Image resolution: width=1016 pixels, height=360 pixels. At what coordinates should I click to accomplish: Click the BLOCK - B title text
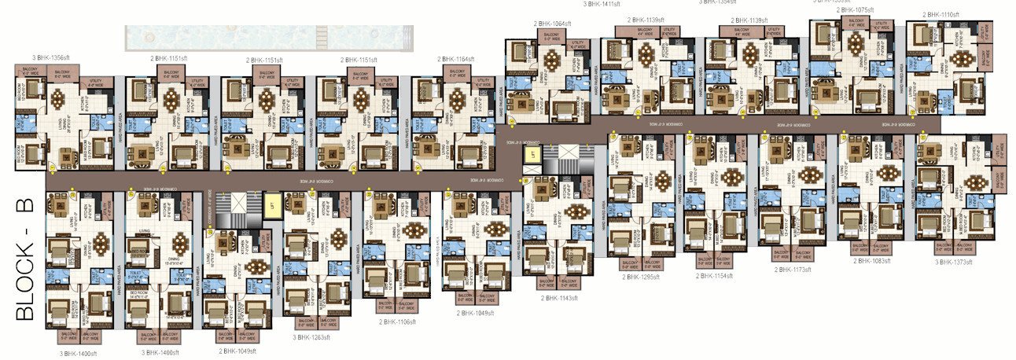pyautogui.click(x=25, y=259)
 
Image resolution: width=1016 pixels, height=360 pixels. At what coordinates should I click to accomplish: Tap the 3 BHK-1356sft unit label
pyautogui.click(x=50, y=57)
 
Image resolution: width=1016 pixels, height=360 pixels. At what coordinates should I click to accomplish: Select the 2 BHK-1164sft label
pyautogui.click(x=456, y=59)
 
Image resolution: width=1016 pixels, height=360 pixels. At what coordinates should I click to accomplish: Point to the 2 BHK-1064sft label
pyautogui.click(x=552, y=24)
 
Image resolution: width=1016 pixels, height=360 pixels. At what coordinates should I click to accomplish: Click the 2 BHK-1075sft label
pyautogui.click(x=855, y=10)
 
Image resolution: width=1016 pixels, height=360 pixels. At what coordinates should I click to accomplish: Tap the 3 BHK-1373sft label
pyautogui.click(x=952, y=263)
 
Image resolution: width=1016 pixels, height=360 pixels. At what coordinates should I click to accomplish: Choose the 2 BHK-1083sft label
pyautogui.click(x=873, y=261)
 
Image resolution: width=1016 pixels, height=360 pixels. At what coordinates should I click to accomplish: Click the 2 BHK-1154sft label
pyautogui.click(x=714, y=277)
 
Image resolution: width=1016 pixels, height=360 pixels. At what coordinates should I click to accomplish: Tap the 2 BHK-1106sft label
pyautogui.click(x=396, y=322)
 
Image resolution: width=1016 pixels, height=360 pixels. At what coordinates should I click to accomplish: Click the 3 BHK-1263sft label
pyautogui.click(x=313, y=337)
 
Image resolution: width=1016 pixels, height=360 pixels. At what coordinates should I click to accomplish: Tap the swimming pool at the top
pyautogui.click(x=268, y=36)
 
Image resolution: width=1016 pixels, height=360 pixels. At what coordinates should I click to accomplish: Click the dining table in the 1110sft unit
pyautogui.click(x=963, y=60)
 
